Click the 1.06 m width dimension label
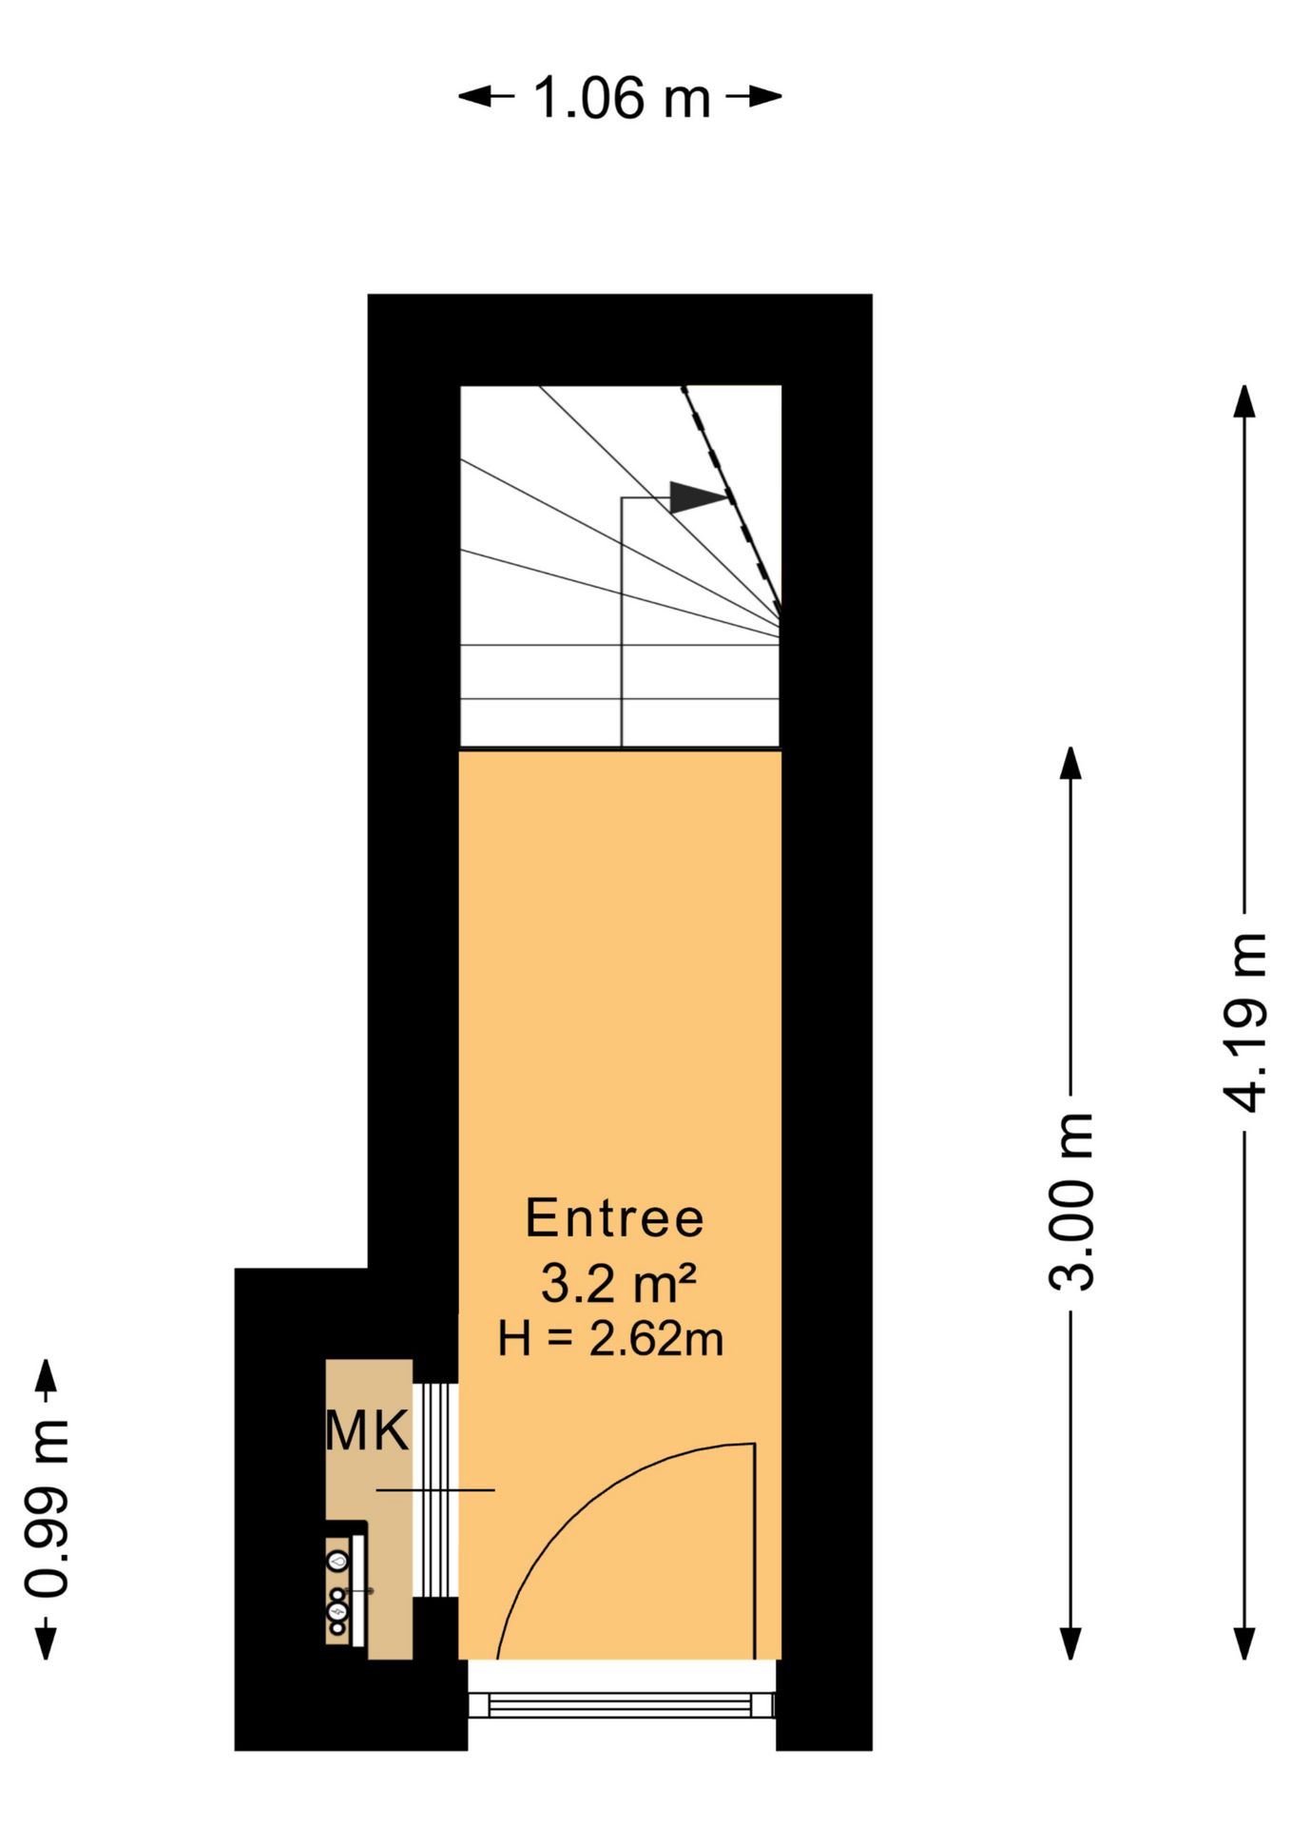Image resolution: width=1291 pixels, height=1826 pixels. [621, 97]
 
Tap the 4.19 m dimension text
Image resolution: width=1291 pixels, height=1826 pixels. [1245, 1022]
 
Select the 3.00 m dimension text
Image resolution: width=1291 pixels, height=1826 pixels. [1071, 1200]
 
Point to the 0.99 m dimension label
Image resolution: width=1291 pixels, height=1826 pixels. [46, 1507]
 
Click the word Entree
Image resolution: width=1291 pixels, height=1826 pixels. [614, 1218]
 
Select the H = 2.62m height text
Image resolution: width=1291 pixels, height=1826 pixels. [610, 1339]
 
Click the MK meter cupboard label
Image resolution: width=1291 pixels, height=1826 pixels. [367, 1430]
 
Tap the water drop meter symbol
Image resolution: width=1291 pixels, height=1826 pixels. [337, 1560]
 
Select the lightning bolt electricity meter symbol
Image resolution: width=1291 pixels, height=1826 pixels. [337, 1611]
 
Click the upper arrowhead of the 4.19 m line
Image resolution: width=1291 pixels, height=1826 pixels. [1244, 400]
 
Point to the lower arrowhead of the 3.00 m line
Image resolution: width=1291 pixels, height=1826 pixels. [1070, 1643]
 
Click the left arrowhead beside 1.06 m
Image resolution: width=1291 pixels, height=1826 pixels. [475, 96]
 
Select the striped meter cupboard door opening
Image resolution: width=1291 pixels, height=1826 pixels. [435, 1490]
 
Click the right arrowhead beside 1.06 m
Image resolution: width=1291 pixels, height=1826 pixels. [764, 96]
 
